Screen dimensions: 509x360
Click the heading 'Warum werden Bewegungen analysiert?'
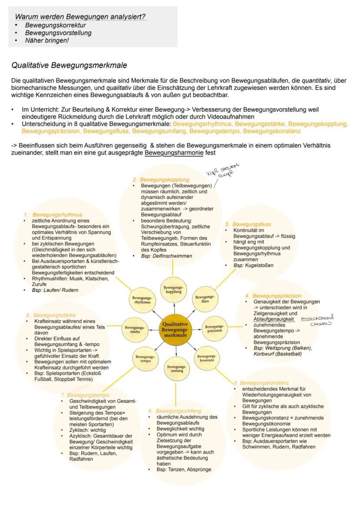click(80, 17)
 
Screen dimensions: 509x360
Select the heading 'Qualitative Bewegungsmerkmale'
click(69, 66)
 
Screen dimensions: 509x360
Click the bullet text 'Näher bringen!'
click(47, 40)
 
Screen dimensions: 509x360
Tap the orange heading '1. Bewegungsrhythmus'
click(53, 215)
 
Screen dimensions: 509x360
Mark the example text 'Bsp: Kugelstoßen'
click(253, 265)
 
